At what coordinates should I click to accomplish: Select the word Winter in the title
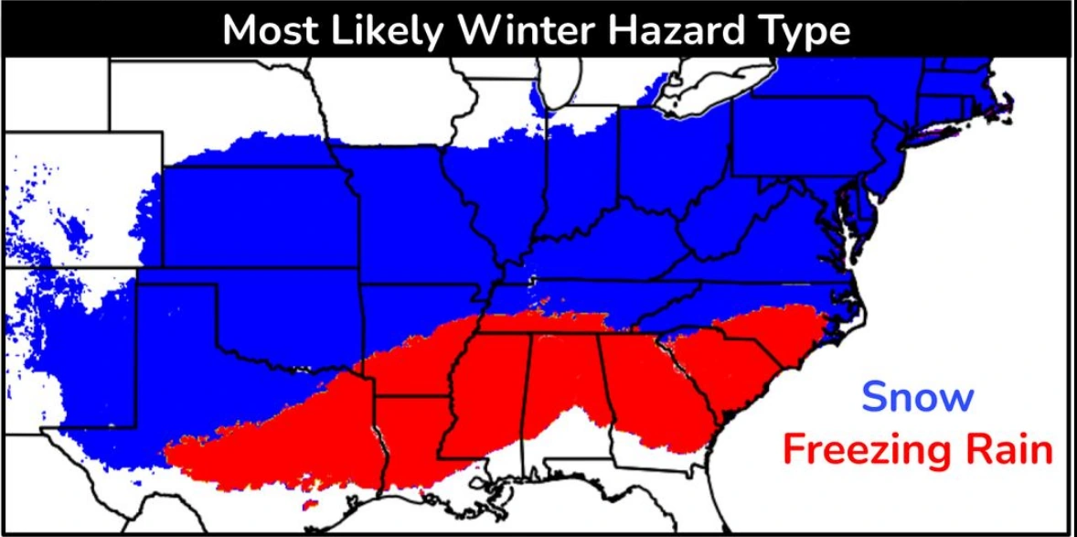pos(524,30)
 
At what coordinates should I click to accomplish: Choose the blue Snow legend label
pos(918,398)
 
